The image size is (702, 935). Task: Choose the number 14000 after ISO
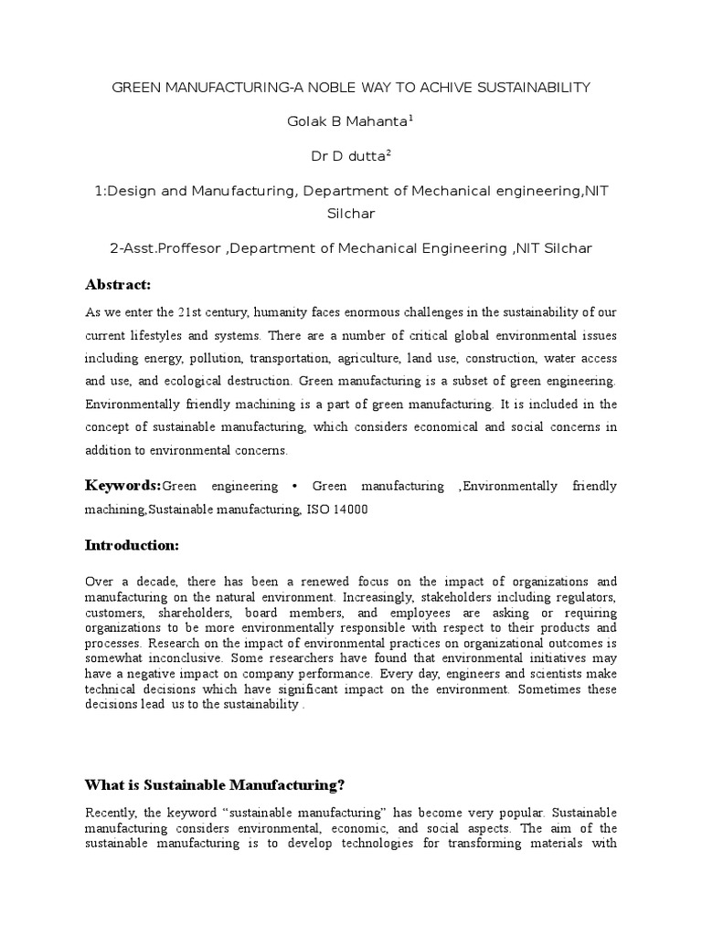tap(350, 510)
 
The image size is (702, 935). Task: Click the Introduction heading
tap(132, 545)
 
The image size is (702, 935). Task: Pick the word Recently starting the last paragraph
tap(110, 813)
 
